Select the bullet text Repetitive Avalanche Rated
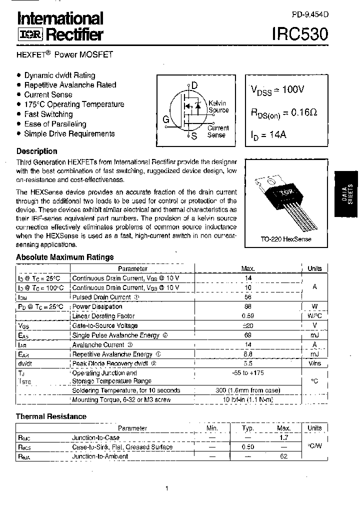70,85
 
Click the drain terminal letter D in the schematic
194,85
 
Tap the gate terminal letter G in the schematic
165,119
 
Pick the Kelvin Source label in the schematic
218,107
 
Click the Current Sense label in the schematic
217,131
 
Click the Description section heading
37,151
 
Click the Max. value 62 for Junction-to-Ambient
284,456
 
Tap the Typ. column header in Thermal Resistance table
248,428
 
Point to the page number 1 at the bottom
166,488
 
